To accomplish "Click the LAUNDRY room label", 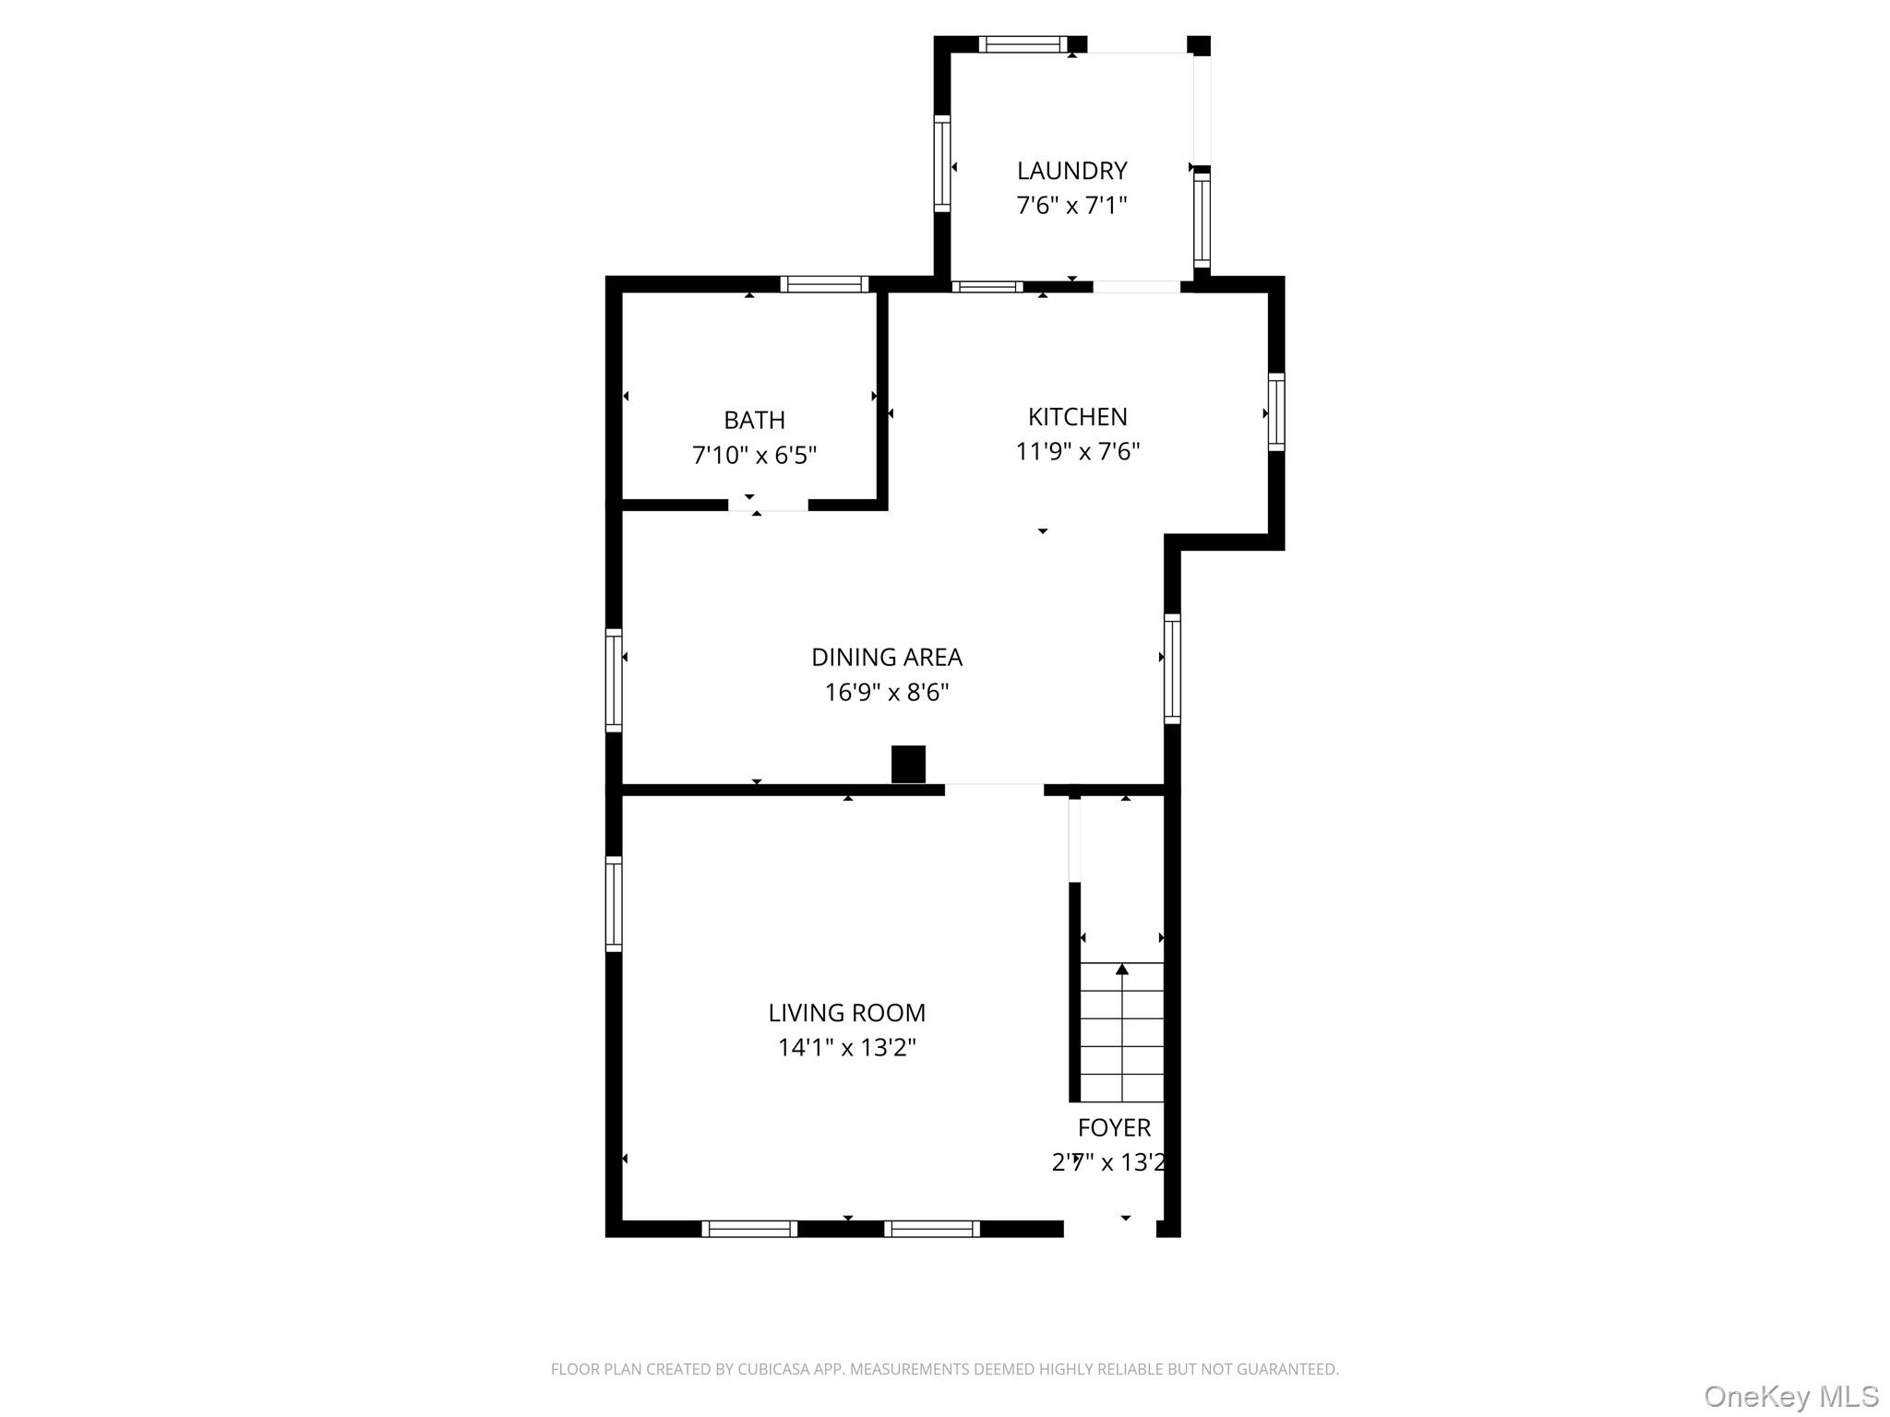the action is (1071, 171).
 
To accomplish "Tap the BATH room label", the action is (754, 421).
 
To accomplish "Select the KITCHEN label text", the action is (1077, 417).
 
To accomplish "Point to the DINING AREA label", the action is (886, 658).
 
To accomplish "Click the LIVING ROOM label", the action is (846, 1013).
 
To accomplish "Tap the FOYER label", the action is (1114, 1128).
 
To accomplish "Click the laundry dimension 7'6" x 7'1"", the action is (1071, 205).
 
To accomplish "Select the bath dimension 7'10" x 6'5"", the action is (754, 455).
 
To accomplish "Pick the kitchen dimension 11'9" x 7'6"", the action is (1077, 451).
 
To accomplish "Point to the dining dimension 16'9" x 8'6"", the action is (886, 692).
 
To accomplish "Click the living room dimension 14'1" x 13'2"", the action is (846, 1047).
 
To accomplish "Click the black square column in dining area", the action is (908, 765).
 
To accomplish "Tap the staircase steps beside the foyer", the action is (1121, 1032).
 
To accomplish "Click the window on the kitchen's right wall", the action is (1276, 411).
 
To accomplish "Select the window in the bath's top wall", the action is (824, 284).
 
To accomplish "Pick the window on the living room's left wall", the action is (614, 903).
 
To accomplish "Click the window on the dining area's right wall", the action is (1172, 669).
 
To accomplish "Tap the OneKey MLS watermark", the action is (1791, 1397).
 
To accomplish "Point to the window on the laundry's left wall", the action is (942, 163).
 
